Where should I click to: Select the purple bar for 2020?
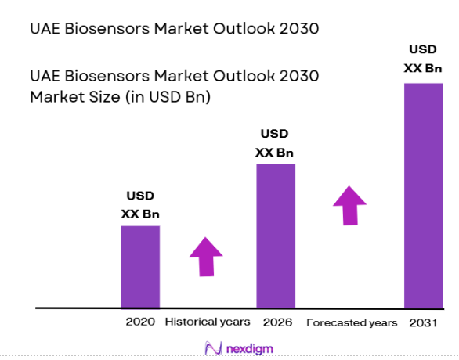click(x=140, y=266)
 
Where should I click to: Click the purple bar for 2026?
click(x=276, y=236)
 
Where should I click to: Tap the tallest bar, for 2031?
click(x=423, y=196)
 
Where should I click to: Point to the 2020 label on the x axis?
click(x=140, y=322)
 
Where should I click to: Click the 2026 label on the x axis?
click(x=276, y=322)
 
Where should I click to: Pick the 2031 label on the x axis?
click(x=424, y=322)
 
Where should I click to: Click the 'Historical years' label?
click(x=208, y=322)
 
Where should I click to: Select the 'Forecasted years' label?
click(x=352, y=322)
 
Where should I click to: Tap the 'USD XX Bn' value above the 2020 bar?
click(x=140, y=204)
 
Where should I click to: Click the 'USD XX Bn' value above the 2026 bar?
click(x=275, y=142)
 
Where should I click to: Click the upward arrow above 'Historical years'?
click(x=206, y=256)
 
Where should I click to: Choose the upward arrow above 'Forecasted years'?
click(x=349, y=205)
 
